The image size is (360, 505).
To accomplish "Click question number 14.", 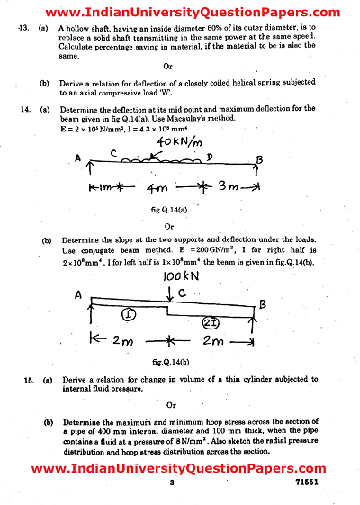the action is [x=24, y=108].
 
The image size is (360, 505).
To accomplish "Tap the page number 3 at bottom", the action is [x=170, y=483].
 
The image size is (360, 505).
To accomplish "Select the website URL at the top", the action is [x=180, y=11].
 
